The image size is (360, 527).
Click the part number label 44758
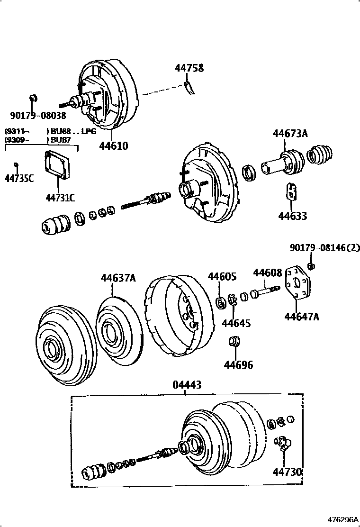(189, 68)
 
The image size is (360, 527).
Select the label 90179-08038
(38, 115)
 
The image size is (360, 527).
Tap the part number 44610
(113, 145)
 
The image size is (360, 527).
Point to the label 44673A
(290, 134)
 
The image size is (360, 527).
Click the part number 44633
(292, 216)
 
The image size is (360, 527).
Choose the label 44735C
(19, 179)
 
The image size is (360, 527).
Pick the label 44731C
(61, 198)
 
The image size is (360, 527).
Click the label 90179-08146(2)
(325, 247)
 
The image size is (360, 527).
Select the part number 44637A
(118, 278)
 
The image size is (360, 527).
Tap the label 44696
(238, 365)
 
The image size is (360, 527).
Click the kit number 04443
(187, 385)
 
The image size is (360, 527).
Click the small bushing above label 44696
(234, 341)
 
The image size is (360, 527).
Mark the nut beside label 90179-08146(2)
(312, 266)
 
